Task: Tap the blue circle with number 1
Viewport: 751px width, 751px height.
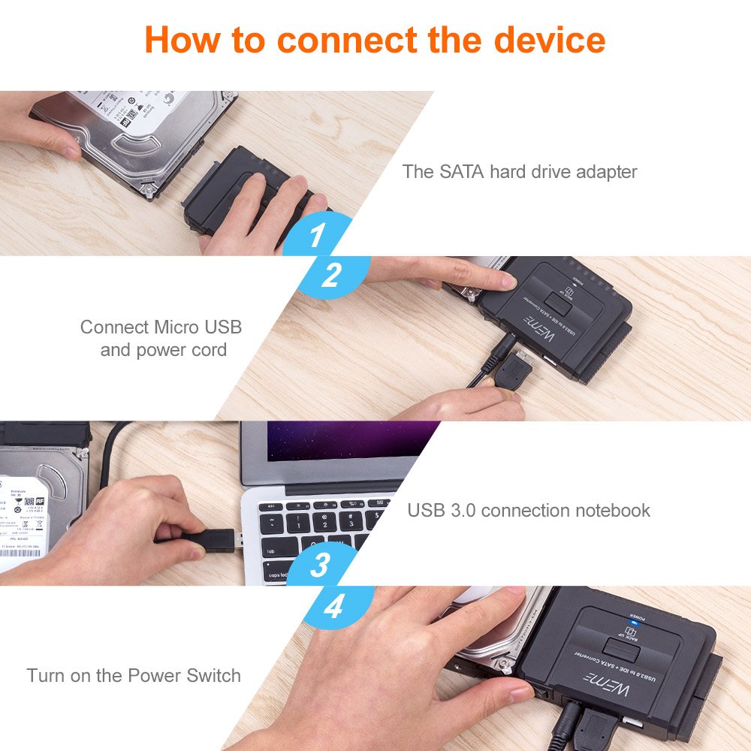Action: pyautogui.click(x=317, y=235)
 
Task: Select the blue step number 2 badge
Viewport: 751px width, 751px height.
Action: pyautogui.click(x=331, y=276)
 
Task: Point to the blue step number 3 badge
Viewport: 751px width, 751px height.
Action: pyautogui.click(x=320, y=565)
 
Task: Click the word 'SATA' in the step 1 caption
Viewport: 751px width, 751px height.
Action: pyautogui.click(x=461, y=171)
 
